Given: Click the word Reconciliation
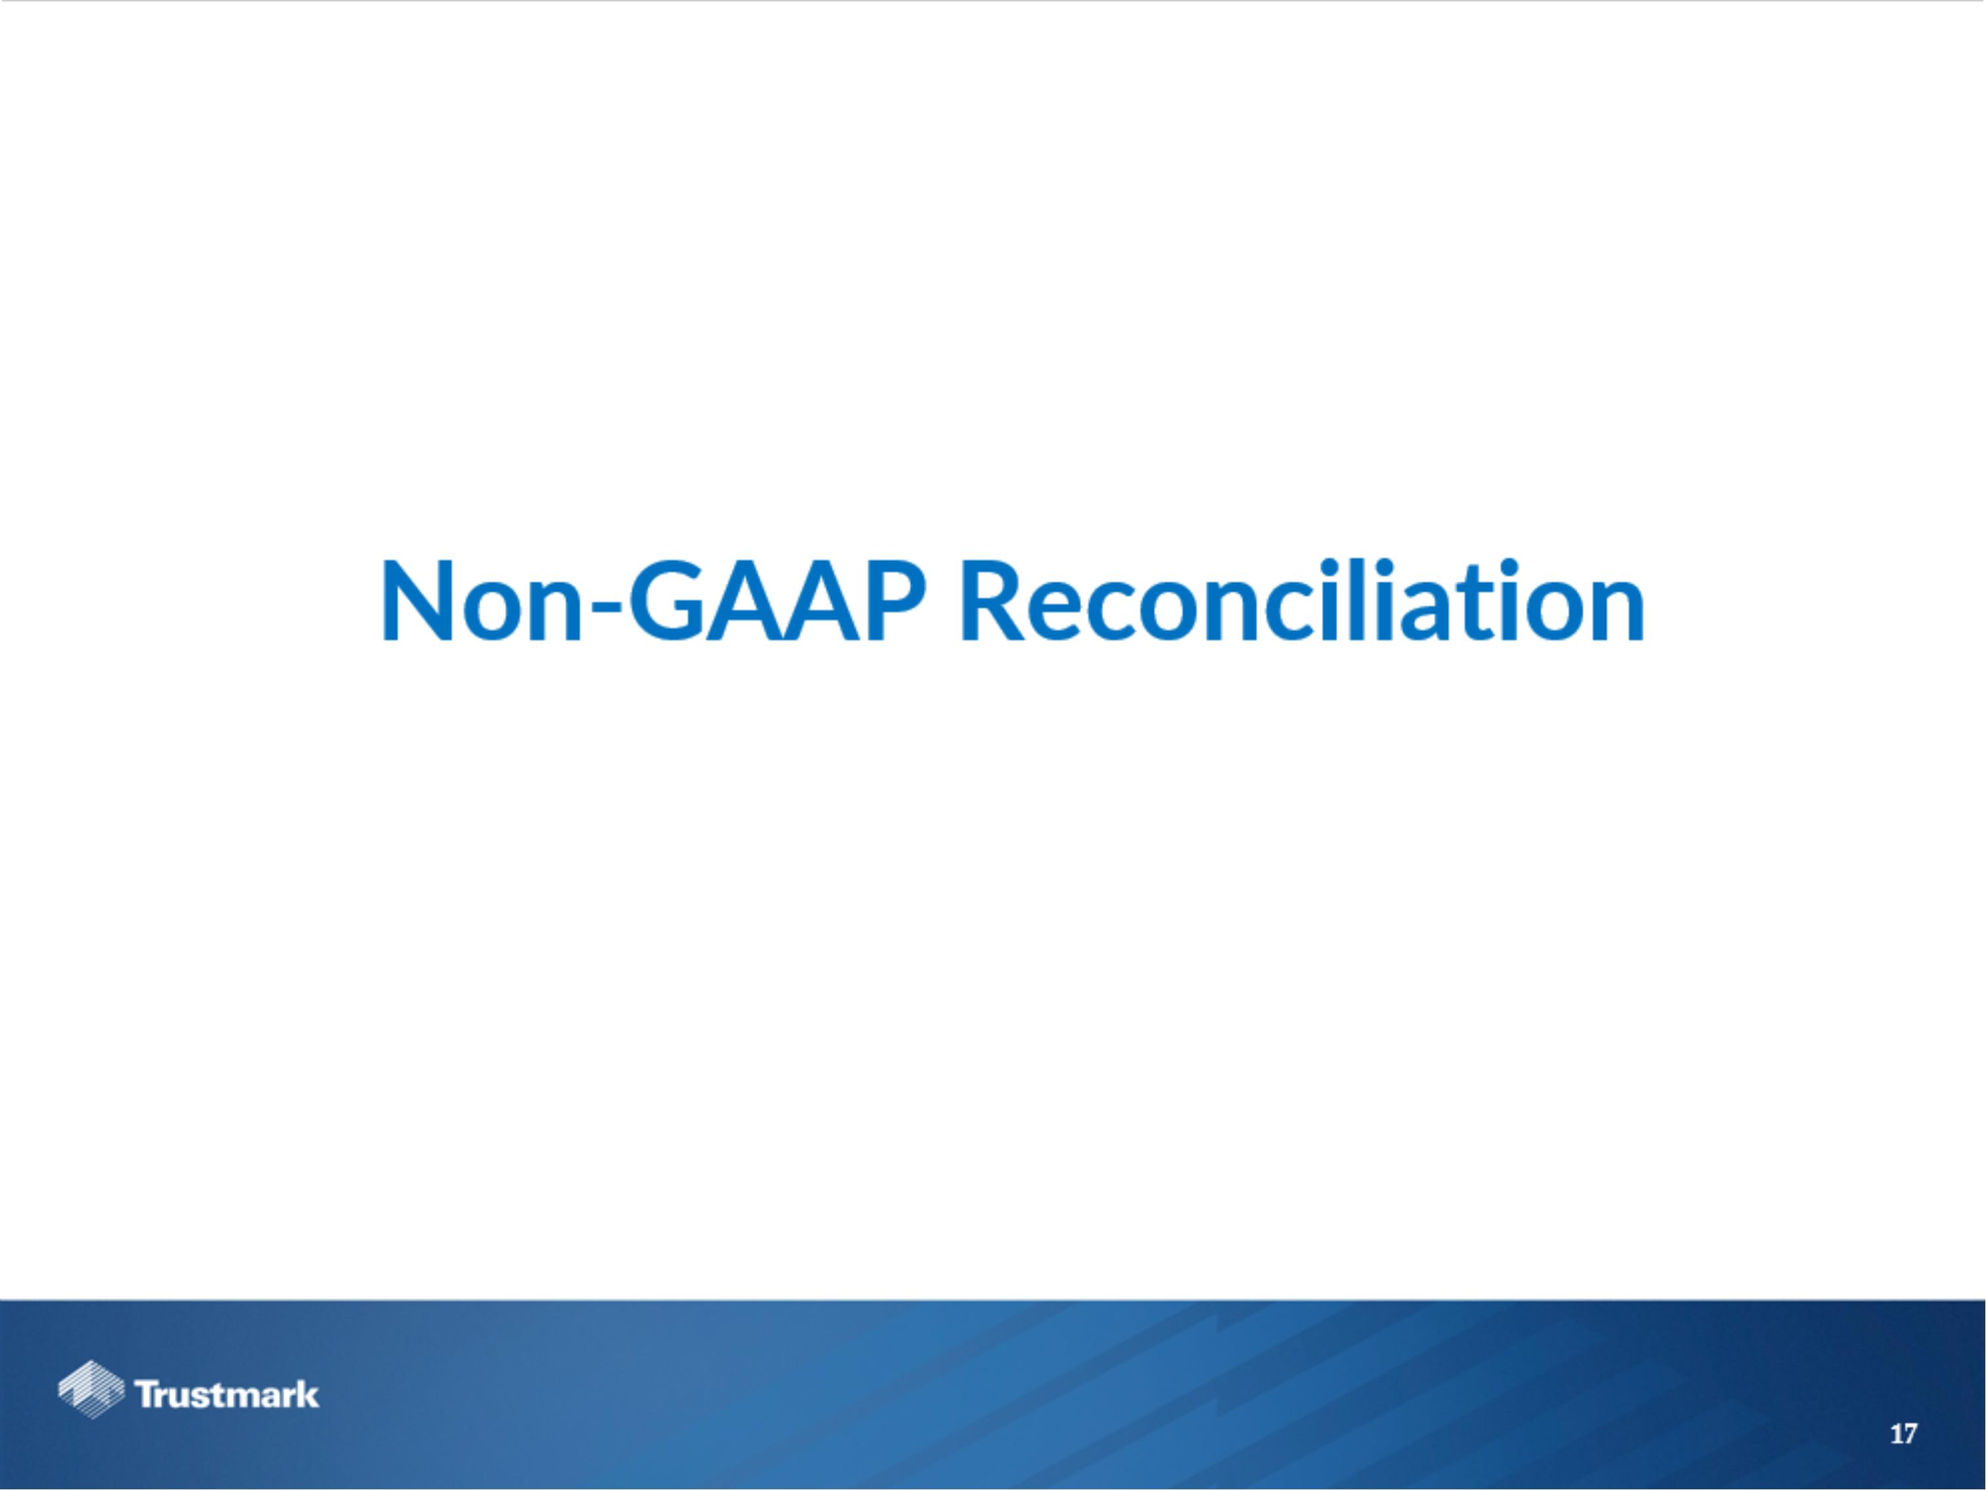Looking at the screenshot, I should pyautogui.click(x=1302, y=602).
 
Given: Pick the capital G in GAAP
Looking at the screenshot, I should pyautogui.click(x=669, y=602).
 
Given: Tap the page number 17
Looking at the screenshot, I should pyautogui.click(x=1903, y=1434).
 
